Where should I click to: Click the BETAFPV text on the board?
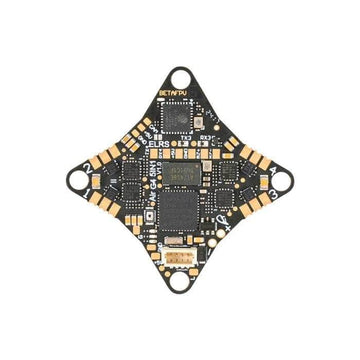click(171, 92)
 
